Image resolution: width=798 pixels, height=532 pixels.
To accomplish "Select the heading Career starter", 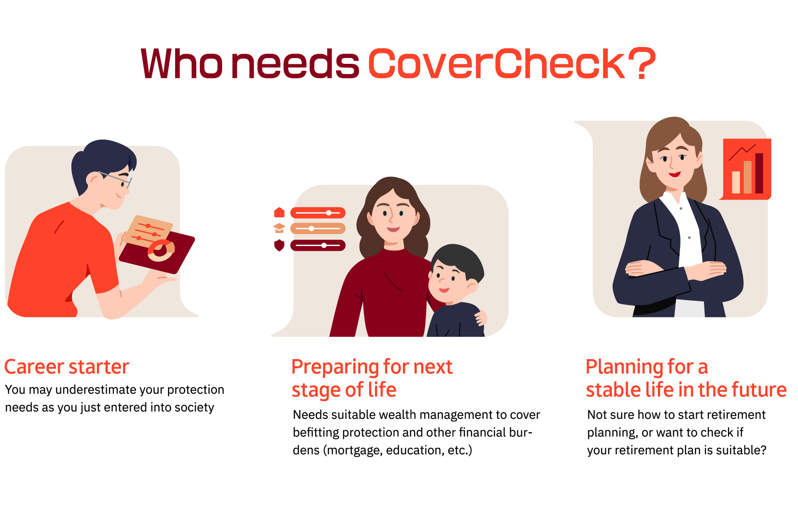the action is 66,367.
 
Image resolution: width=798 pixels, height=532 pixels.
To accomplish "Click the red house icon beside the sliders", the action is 279,212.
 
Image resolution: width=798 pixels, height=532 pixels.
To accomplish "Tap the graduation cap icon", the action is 279,228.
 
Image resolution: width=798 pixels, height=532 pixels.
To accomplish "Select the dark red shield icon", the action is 279,245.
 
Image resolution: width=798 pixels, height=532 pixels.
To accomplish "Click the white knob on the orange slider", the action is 312,229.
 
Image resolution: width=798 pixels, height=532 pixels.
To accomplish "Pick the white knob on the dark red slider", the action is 324,245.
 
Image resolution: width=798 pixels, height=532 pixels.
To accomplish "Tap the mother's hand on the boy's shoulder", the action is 481,317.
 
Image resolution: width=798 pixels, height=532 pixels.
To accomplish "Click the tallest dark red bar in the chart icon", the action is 759,173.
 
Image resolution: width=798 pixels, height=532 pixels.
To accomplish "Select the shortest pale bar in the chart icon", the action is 736,182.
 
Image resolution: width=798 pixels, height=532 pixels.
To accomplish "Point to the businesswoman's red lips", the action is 675,174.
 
